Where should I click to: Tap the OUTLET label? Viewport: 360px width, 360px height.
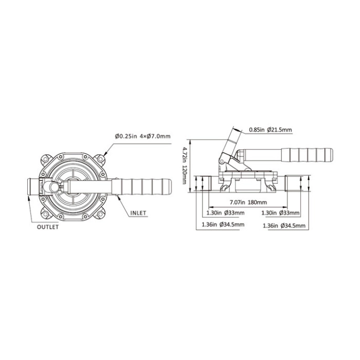tap(48, 227)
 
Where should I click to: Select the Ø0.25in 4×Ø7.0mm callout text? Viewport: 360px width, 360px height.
tap(143, 137)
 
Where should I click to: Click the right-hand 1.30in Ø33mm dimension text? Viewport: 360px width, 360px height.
tap(281, 213)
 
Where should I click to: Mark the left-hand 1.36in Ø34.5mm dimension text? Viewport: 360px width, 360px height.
tap(223, 225)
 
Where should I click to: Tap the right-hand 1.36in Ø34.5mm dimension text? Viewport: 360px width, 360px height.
tap(281, 226)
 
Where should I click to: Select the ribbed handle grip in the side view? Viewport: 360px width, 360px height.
tap(307, 155)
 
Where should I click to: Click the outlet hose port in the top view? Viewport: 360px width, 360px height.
tap(32, 186)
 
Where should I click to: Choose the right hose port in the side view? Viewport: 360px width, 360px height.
tap(291, 184)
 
